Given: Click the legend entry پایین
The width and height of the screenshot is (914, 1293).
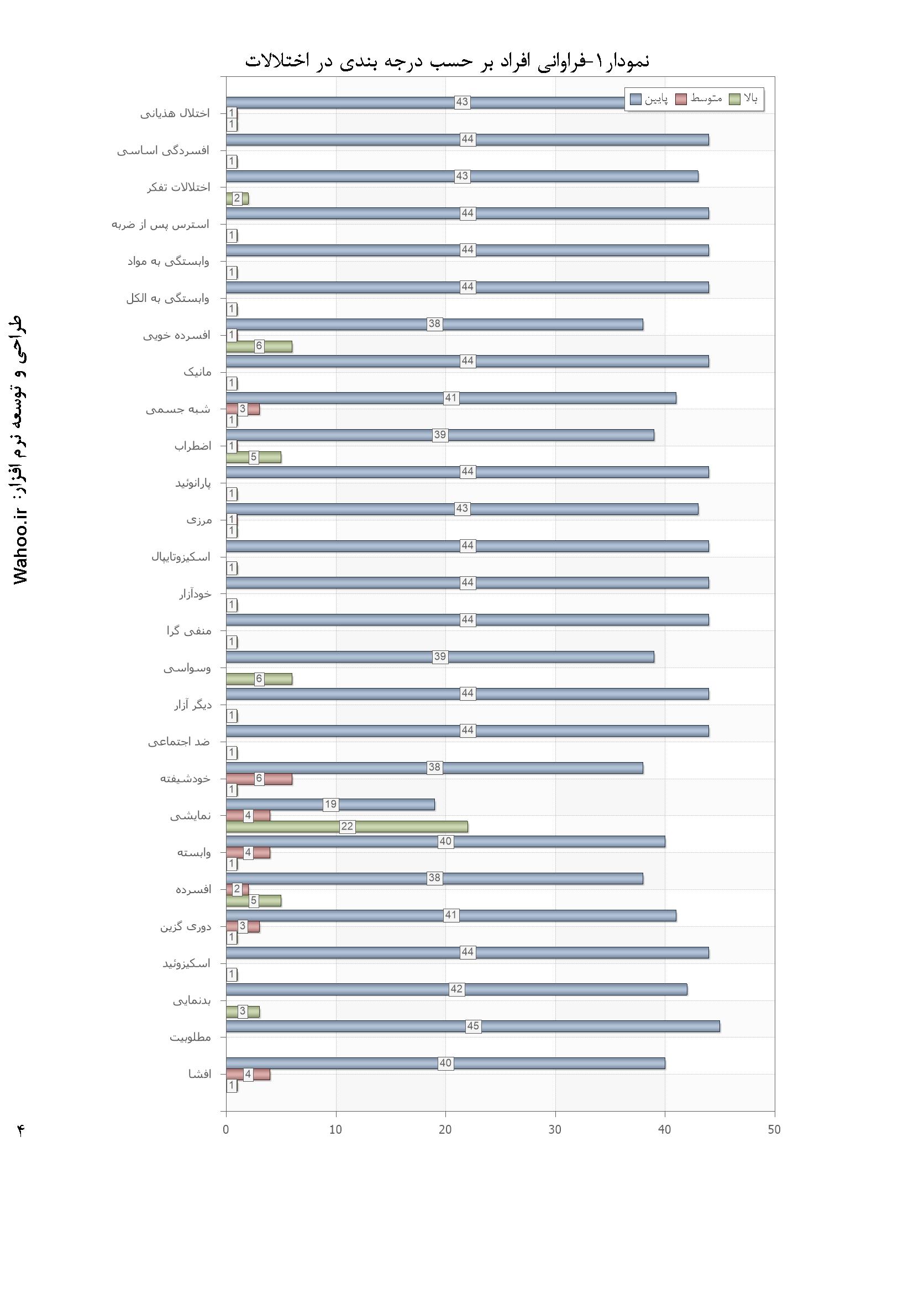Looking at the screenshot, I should [x=649, y=100].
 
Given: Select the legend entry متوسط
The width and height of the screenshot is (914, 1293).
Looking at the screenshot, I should [x=699, y=99].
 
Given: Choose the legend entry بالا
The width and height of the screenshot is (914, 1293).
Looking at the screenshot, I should [x=744, y=99].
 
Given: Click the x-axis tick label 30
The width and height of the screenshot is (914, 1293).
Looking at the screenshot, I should [x=555, y=1129].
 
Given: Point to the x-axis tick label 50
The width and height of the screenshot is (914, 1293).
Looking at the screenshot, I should [x=774, y=1129].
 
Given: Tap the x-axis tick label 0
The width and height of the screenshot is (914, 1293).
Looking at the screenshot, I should [x=225, y=1129].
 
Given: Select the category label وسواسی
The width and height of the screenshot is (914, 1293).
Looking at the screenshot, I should [x=187, y=669].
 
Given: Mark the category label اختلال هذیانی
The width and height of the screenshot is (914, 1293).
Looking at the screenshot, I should [x=175, y=114].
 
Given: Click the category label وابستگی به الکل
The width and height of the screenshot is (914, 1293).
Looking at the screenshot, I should [x=168, y=299].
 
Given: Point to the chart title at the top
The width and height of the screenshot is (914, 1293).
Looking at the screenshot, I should [x=448, y=61].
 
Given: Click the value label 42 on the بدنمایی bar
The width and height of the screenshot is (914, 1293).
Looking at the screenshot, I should [x=456, y=989].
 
